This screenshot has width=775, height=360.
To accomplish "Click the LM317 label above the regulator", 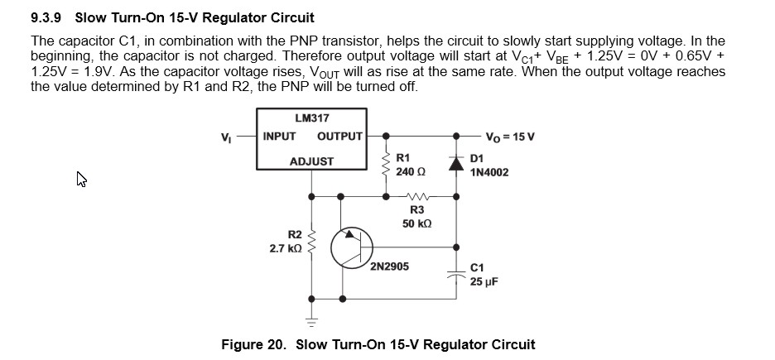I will [311, 118].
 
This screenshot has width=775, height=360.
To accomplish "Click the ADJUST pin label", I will [311, 161].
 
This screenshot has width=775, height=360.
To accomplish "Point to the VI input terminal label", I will [225, 137].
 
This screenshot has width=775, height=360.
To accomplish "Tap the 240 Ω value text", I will [411, 171].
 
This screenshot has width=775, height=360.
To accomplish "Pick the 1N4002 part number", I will [489, 172].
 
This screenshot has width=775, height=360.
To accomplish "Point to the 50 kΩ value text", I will [416, 224].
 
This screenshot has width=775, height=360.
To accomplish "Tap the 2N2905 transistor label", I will [389, 267].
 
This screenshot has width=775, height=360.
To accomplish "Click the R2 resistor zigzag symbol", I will [311, 241].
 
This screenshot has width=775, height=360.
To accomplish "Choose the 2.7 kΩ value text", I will [286, 248].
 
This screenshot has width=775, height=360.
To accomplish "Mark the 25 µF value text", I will [484, 282].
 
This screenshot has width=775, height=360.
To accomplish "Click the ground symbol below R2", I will [311, 319].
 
